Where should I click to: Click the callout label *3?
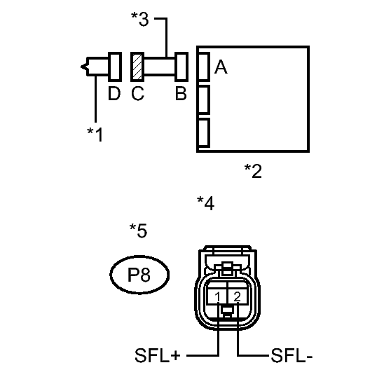[140, 19]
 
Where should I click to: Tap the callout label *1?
[95, 135]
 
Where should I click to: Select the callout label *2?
[253, 171]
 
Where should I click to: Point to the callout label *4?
[205, 203]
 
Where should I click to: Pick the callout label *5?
[139, 231]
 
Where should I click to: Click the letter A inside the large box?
[221, 67]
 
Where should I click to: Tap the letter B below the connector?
[181, 93]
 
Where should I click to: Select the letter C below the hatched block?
[137, 93]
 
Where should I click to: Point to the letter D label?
[114, 93]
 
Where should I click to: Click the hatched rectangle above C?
[137, 67]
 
